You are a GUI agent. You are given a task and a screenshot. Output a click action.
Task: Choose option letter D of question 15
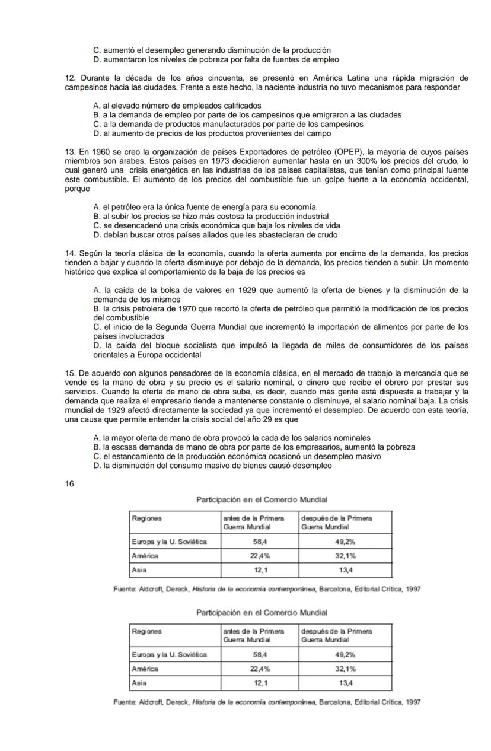coord(97,466)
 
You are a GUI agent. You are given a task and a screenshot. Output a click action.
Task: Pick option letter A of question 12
coord(97,106)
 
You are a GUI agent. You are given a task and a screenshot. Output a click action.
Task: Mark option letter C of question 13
coord(97,226)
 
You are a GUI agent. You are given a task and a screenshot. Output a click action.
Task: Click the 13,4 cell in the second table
coord(346,683)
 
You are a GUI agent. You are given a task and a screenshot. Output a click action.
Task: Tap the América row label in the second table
coord(145,669)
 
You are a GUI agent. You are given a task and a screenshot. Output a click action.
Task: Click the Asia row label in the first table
coord(139,570)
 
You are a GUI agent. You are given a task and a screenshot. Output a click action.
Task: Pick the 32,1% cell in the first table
coord(346,556)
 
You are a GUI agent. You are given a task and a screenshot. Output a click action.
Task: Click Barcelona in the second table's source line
coord(336,702)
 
